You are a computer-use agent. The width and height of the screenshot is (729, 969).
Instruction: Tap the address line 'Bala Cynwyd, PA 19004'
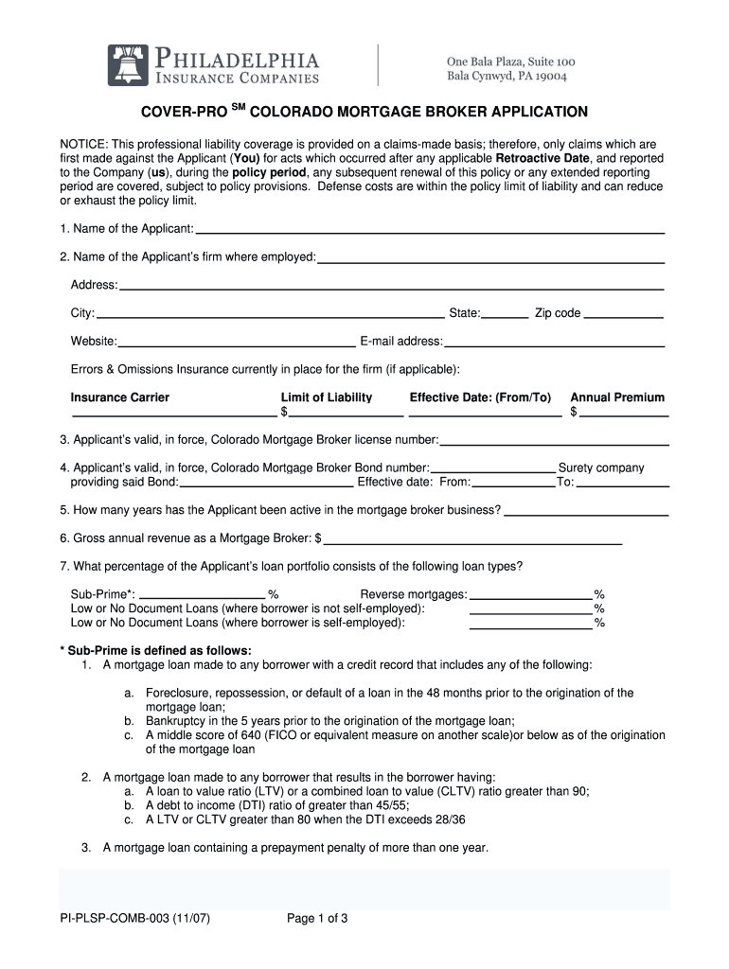point(507,76)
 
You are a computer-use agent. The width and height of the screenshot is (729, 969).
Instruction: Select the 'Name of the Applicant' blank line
point(429,230)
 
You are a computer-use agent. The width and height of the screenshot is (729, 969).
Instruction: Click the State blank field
point(506,314)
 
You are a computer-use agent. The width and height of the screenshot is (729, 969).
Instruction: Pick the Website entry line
point(236,342)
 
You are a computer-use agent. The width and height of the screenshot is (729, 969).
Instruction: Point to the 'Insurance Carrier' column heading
point(120,397)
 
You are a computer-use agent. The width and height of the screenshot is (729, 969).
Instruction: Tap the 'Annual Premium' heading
point(617,397)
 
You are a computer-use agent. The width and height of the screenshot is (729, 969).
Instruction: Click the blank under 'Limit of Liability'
point(346,413)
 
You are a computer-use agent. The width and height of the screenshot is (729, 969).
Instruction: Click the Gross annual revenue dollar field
point(472,539)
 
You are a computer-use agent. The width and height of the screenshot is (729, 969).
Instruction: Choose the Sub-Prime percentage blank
point(202,595)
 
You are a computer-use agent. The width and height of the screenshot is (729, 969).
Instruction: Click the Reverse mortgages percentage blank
point(530,595)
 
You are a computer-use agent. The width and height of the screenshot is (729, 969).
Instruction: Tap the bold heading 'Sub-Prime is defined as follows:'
point(155,651)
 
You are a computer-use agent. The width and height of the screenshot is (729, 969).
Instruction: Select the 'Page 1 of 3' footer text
point(318,917)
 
